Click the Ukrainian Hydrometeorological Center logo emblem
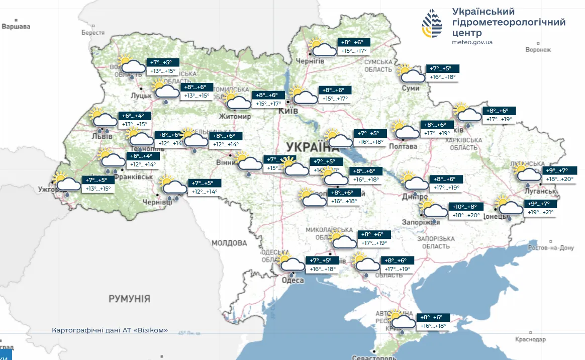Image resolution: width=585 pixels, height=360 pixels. point(433,24)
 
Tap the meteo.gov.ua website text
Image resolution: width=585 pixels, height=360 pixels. point(472,42)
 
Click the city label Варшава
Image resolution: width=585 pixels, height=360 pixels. point(16,26)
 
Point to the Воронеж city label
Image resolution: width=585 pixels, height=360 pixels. point(538,50)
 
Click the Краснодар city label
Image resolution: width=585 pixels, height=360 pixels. point(530,339)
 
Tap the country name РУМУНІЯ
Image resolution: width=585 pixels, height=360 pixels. point(129,299)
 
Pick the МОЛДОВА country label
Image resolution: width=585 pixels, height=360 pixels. point(229,243)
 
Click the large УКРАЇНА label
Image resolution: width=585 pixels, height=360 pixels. point(313,147)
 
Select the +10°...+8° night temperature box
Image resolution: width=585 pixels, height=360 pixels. point(467,207)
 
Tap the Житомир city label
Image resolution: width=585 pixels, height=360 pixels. point(235,117)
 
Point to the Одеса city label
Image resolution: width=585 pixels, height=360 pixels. point(292,281)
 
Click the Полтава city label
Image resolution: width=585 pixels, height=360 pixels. point(403,146)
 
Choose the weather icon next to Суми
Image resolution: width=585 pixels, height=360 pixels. point(411,74)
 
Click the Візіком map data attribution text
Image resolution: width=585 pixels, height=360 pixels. point(110,330)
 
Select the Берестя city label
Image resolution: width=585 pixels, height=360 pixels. point(93,33)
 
